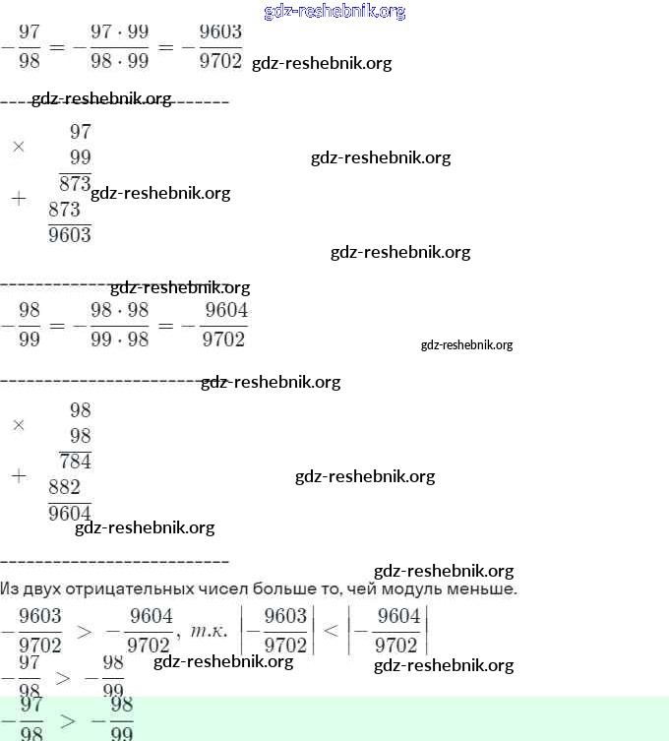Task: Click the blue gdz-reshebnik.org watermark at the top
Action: click(x=334, y=12)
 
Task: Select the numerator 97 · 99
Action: click(x=119, y=32)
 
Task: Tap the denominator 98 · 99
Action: click(x=119, y=61)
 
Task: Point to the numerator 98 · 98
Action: click(x=119, y=310)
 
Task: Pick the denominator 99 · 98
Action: click(x=119, y=340)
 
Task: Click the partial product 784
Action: click(x=75, y=461)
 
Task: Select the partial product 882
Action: click(x=64, y=487)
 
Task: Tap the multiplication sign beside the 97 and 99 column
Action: click(x=18, y=146)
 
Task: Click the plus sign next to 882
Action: click(x=18, y=476)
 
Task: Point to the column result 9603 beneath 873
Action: click(x=70, y=234)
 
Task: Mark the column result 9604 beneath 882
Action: click(x=70, y=513)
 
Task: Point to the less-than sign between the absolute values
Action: click(x=331, y=631)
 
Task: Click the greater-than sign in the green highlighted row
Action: click(x=67, y=720)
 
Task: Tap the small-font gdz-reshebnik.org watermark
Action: click(x=466, y=345)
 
